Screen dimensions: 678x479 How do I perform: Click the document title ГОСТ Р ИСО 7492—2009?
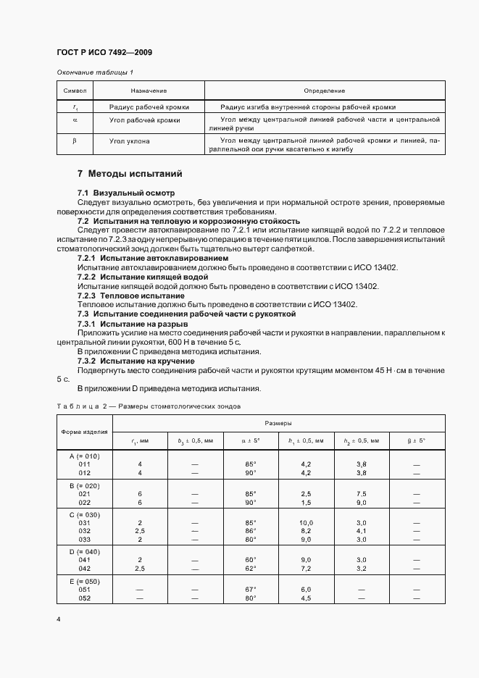[104, 52]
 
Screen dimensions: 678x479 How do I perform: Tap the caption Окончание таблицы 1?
[95, 72]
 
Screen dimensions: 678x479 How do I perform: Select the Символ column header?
[75, 91]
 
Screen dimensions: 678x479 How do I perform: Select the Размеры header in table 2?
[278, 422]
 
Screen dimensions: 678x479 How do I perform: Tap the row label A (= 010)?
[84, 456]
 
